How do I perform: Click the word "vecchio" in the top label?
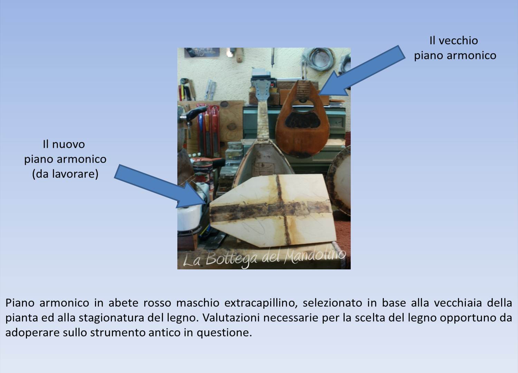(458, 41)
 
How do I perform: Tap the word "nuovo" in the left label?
(68, 144)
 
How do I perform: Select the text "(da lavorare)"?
(65, 174)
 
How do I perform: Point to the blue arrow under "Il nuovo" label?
(160, 186)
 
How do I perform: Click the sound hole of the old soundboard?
(303, 106)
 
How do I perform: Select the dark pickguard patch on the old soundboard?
(303, 121)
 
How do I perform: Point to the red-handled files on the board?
(208, 131)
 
